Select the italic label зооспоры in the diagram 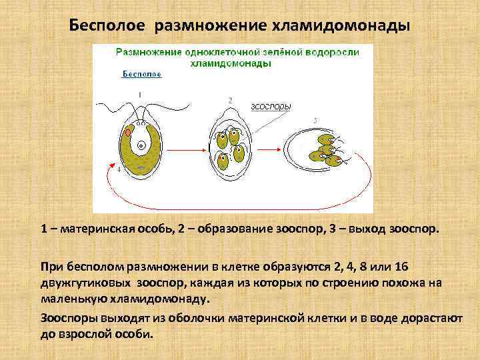click(x=270, y=105)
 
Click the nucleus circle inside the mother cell click(x=141, y=145)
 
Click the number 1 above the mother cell click(x=139, y=95)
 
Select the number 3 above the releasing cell click(x=315, y=120)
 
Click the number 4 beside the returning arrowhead click(x=119, y=170)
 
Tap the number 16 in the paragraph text click(x=401, y=267)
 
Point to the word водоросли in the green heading click(x=333, y=52)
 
